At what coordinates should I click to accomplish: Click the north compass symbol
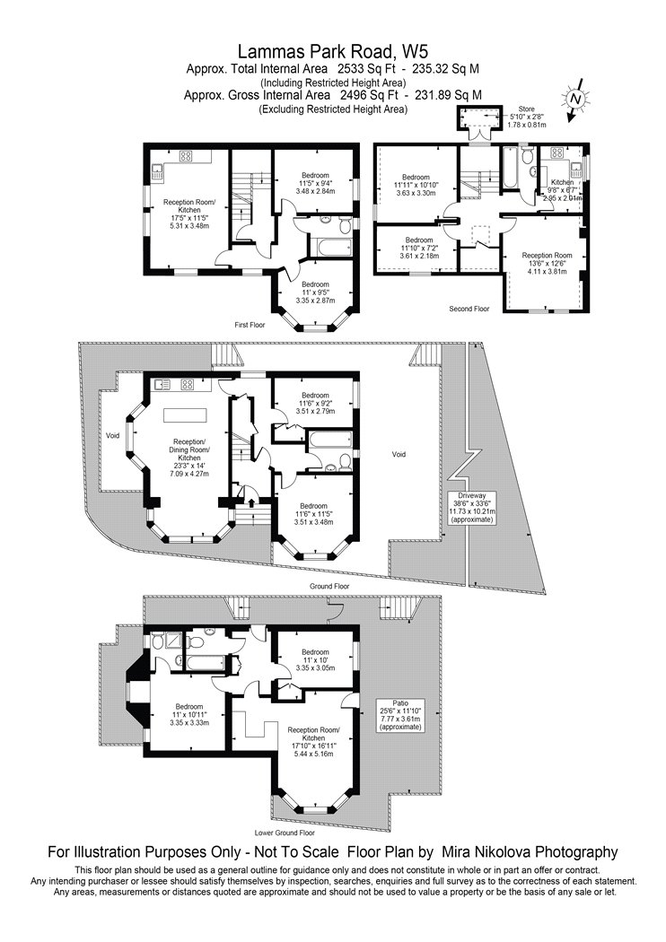coord(575,100)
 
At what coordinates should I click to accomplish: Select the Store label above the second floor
coord(526,109)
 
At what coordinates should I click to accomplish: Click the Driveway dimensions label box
coord(472,507)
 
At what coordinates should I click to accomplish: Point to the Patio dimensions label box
coord(400,715)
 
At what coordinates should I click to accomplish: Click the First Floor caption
coord(250,325)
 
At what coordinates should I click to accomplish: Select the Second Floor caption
coord(469,309)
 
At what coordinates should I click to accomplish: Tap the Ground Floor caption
coord(329,586)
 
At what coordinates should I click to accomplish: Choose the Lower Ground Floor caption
coord(285,833)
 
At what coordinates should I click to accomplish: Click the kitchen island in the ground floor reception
coord(186,415)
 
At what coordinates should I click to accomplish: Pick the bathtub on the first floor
coord(330,247)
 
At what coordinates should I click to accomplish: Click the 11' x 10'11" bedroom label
coord(188,715)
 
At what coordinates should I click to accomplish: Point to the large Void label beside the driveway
coord(399,454)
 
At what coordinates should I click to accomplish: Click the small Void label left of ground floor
coord(112,435)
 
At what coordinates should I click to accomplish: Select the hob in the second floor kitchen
coord(556,153)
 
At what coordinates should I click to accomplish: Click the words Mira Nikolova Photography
coord(530,851)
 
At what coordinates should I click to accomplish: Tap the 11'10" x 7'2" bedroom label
coord(418,248)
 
